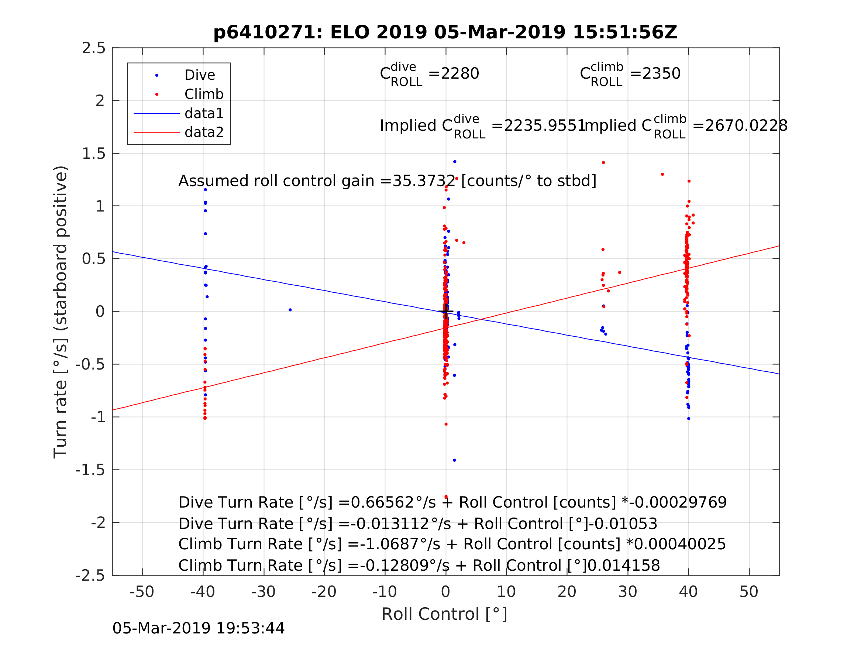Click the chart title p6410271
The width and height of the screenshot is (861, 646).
coord(445,32)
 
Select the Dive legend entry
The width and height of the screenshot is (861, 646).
coord(199,75)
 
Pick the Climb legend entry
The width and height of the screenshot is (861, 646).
coord(204,94)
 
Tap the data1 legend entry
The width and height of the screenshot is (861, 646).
coord(204,113)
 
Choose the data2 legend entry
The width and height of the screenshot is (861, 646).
coord(204,133)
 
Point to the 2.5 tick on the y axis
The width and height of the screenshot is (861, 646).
coord(93,48)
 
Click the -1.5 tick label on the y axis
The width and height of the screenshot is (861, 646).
coord(90,470)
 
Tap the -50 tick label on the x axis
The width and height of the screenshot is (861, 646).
coord(142,592)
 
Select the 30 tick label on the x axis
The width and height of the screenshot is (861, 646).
coord(627,592)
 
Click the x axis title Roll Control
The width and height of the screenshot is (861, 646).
coord(444,615)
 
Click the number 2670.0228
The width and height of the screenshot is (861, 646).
coord(746,126)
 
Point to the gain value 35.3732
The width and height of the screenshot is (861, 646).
coord(424,181)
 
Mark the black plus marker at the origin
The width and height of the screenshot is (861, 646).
coord(446,312)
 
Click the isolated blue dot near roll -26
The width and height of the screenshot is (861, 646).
coord(290,310)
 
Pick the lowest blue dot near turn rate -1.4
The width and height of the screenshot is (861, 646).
coord(454,460)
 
